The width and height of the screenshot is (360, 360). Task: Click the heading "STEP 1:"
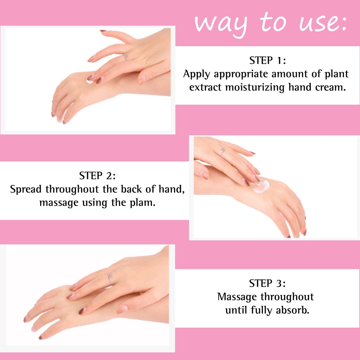[268, 60]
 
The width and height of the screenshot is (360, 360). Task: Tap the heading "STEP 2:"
[97, 176]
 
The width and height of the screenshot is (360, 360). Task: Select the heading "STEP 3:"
[268, 283]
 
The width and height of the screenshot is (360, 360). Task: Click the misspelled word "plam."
[143, 203]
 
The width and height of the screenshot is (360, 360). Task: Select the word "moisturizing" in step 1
[255, 88]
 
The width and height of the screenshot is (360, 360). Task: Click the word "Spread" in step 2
[26, 189]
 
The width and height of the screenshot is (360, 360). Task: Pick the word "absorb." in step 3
[292, 310]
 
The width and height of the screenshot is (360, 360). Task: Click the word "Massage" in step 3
[237, 297]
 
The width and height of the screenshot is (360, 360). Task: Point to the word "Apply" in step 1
[197, 75]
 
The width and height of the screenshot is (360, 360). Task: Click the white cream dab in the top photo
[89, 81]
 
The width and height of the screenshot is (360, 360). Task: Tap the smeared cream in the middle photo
[261, 186]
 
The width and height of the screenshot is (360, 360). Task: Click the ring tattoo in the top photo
[126, 57]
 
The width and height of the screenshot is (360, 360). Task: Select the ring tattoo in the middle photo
[223, 151]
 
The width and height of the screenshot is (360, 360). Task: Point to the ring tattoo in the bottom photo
[110, 278]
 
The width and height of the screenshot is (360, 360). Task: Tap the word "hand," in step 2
[172, 189]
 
